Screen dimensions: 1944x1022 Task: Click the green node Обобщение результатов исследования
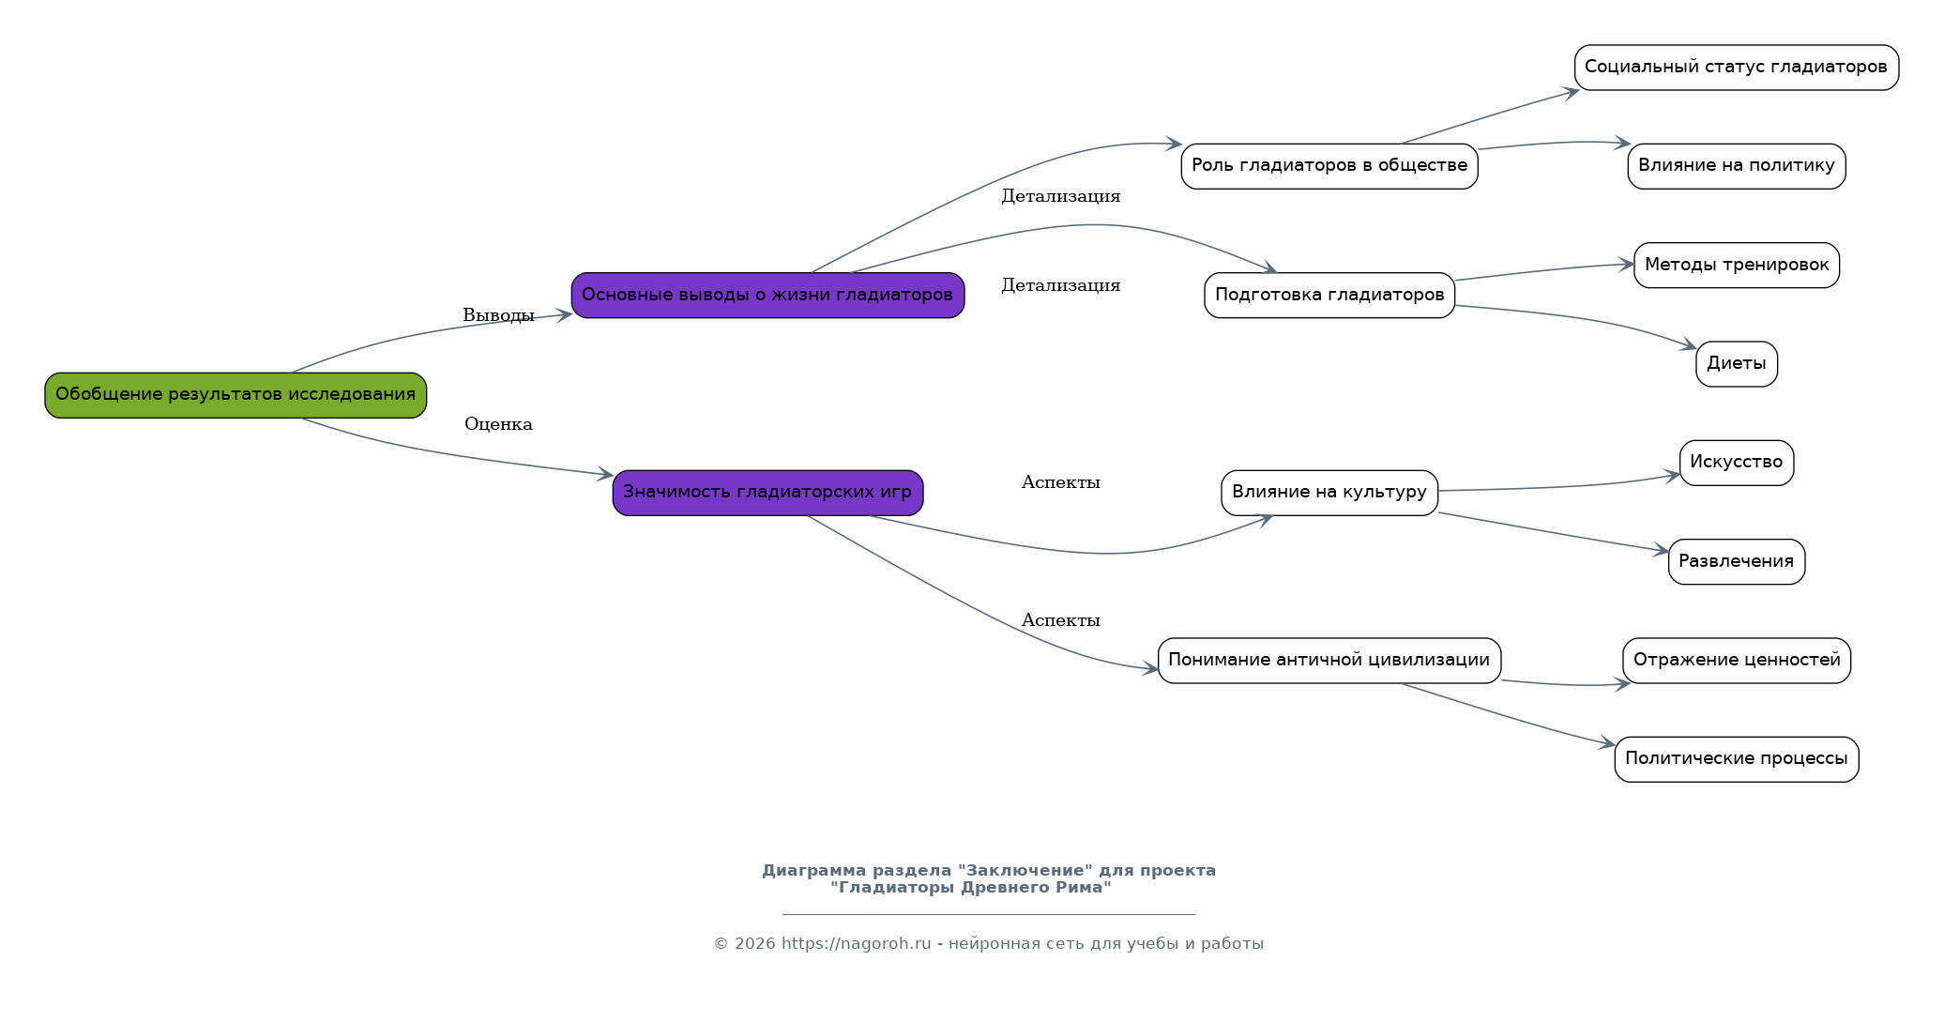click(235, 395)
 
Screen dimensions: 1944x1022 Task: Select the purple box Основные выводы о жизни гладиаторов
click(767, 296)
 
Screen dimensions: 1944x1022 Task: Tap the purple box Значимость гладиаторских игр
click(767, 493)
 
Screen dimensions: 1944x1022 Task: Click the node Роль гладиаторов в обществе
click(1329, 166)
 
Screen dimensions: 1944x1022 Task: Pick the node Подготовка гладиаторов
click(1329, 296)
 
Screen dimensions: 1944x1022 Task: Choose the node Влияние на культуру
click(1329, 493)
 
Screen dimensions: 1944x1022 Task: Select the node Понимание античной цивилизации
click(1329, 661)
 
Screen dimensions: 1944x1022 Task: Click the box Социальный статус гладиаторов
click(1737, 68)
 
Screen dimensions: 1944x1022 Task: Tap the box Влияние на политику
click(1737, 166)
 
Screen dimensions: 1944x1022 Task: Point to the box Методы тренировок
click(1737, 265)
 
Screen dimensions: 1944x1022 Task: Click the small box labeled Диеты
click(1737, 364)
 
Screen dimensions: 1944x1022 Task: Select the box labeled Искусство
click(1737, 463)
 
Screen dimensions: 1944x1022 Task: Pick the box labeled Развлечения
click(1737, 561)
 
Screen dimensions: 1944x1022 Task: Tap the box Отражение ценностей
click(1737, 661)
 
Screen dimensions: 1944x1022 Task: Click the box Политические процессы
click(1737, 759)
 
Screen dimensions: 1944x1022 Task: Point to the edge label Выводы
click(498, 316)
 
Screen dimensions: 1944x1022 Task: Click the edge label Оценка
click(498, 424)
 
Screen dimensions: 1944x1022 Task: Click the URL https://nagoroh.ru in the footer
click(856, 944)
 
